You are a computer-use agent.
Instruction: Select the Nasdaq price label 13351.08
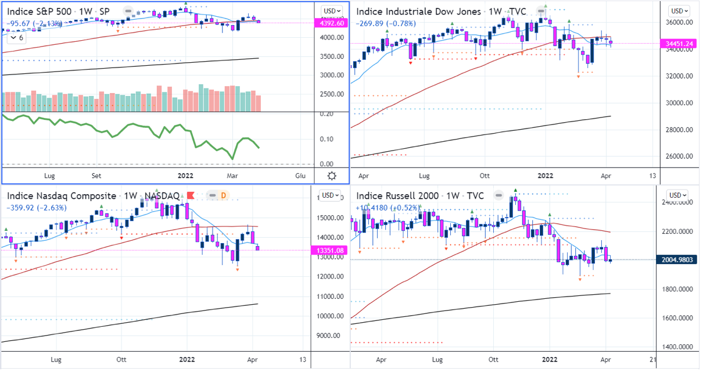329,251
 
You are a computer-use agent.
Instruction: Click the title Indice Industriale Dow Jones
418,12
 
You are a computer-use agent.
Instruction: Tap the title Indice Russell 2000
401,195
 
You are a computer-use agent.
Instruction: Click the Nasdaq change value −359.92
22,208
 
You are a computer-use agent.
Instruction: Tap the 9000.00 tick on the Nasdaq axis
329,336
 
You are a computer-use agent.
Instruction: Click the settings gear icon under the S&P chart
332,176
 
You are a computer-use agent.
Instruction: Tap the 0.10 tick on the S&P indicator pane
327,139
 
